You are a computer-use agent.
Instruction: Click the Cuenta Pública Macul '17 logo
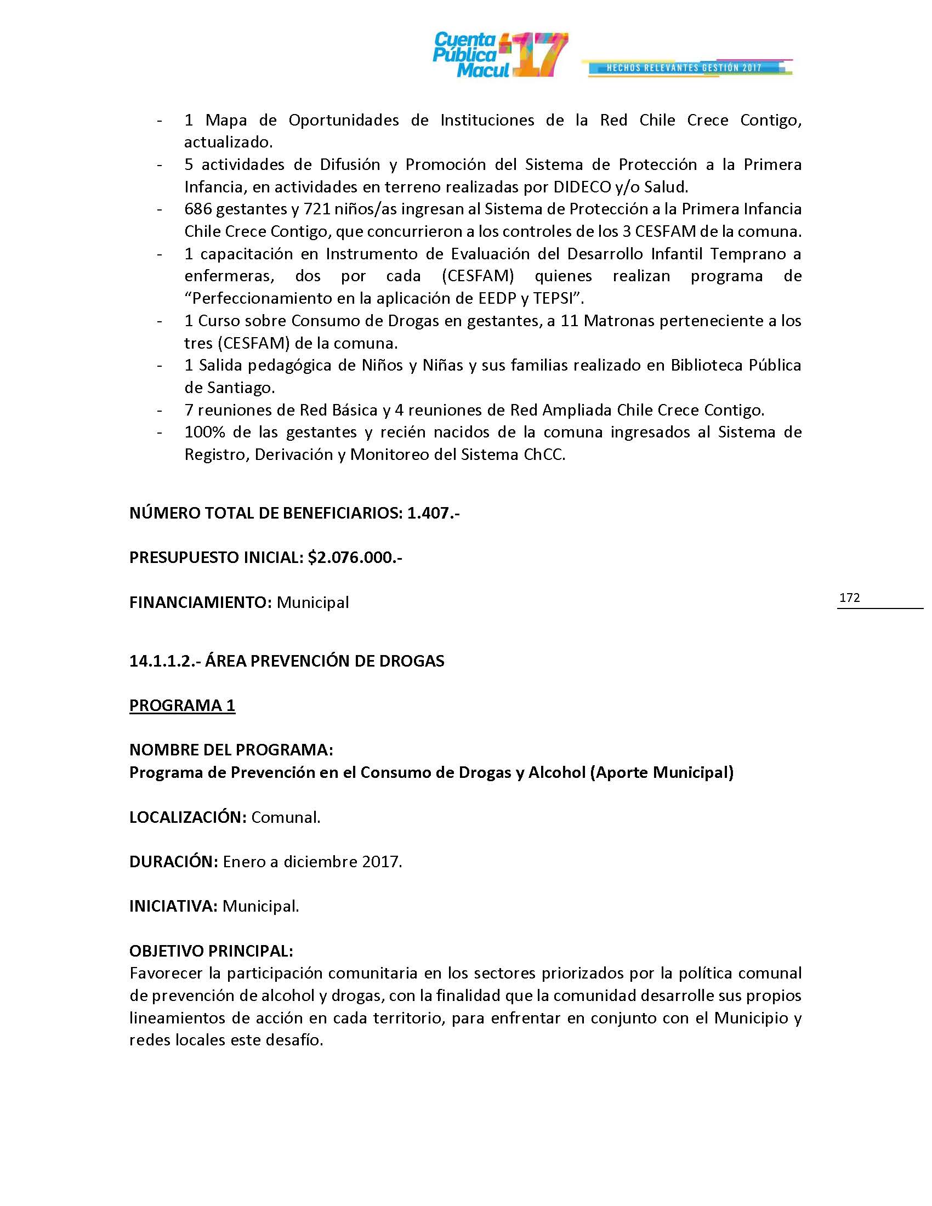click(x=499, y=55)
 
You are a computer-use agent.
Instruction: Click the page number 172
click(x=849, y=598)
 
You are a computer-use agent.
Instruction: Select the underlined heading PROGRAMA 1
click(x=182, y=705)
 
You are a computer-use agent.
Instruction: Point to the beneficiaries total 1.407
click(x=429, y=513)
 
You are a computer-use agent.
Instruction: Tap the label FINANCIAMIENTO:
click(x=201, y=602)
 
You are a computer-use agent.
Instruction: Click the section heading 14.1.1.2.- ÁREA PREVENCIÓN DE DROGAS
click(x=287, y=661)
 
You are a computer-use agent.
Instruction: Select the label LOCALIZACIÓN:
click(x=187, y=817)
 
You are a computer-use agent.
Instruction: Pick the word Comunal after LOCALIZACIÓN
click(x=285, y=817)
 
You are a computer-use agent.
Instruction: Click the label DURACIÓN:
click(x=174, y=862)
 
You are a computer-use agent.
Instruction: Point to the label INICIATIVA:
click(x=173, y=906)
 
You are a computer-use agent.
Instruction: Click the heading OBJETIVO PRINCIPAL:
click(x=211, y=951)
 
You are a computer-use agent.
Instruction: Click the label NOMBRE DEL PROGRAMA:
click(x=231, y=750)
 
